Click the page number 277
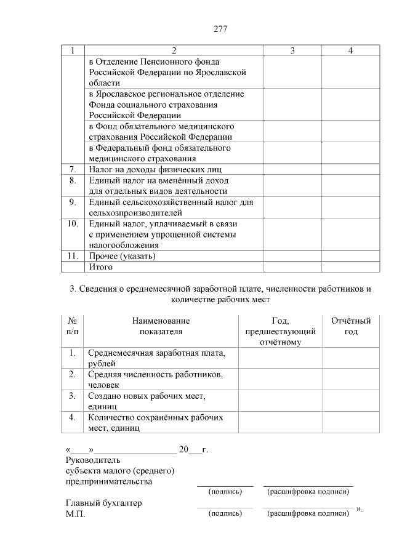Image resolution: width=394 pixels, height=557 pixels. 221,30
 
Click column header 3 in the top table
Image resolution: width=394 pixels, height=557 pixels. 292,50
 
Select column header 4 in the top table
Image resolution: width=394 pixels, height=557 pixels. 350,50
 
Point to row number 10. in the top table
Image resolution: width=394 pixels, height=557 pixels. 73,223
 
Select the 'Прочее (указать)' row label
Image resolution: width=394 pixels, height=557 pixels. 122,256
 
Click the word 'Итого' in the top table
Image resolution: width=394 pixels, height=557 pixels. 100,267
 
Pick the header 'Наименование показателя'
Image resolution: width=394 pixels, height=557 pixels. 161,326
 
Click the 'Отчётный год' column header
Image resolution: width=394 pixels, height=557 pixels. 351,326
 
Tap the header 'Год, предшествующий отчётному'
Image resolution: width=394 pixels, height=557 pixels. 280,331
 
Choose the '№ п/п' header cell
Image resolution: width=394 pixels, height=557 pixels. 72,326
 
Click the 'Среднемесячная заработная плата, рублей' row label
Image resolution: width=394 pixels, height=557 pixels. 156,358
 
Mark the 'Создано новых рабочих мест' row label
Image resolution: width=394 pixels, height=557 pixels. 147,401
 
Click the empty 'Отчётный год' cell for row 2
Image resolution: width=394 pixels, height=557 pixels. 351,379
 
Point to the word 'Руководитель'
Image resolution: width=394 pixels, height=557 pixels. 93,460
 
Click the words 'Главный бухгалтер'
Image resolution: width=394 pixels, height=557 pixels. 103,503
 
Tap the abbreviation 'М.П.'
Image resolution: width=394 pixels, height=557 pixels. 75,514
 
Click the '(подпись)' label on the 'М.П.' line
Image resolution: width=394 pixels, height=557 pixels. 225,513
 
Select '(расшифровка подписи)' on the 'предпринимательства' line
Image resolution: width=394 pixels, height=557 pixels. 308,492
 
